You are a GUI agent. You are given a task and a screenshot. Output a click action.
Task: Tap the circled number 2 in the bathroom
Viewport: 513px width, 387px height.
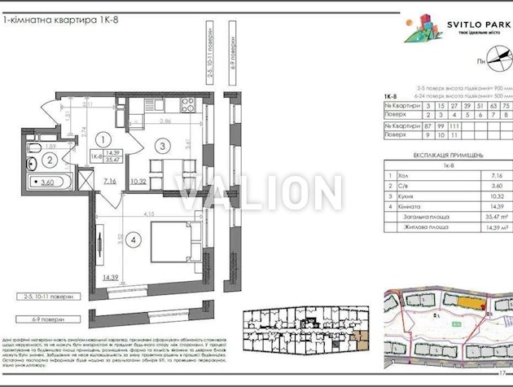point(49,161)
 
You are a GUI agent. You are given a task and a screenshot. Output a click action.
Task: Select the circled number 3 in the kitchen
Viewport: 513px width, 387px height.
point(163,147)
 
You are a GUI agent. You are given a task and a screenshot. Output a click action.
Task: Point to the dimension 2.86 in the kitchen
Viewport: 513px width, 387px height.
point(165,120)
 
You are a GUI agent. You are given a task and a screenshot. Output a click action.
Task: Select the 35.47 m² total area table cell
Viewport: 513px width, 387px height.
point(487,218)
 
